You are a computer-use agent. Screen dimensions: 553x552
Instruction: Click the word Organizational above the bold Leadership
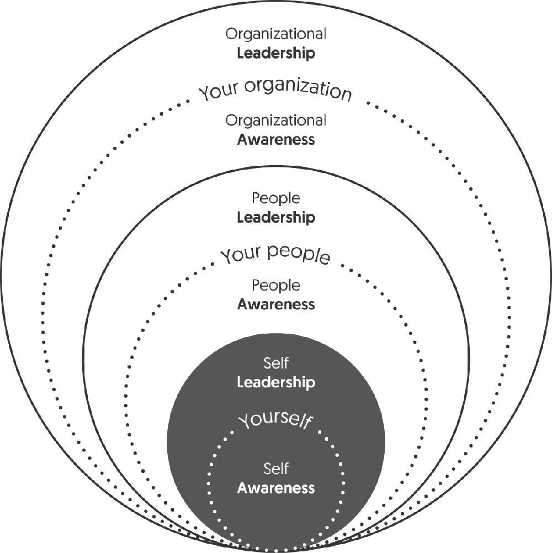(276, 35)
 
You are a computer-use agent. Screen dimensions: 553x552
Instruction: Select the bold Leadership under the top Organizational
(276, 54)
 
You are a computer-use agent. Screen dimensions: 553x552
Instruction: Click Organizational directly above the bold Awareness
(276, 120)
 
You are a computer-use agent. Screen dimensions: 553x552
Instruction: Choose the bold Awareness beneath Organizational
(276, 139)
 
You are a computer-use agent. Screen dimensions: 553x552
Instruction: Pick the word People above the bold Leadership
(276, 198)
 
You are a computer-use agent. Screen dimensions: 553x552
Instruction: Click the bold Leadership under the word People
(276, 217)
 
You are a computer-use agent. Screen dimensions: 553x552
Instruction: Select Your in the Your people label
(241, 255)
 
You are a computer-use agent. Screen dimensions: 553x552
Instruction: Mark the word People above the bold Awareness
(276, 286)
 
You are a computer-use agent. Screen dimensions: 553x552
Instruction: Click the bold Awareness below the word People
(276, 304)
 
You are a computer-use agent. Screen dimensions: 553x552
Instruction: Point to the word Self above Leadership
(276, 364)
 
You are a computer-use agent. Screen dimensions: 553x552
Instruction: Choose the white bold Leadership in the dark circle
(276, 382)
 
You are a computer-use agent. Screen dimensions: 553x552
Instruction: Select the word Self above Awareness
(276, 470)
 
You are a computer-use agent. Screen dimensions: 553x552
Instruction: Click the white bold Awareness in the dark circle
(276, 488)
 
